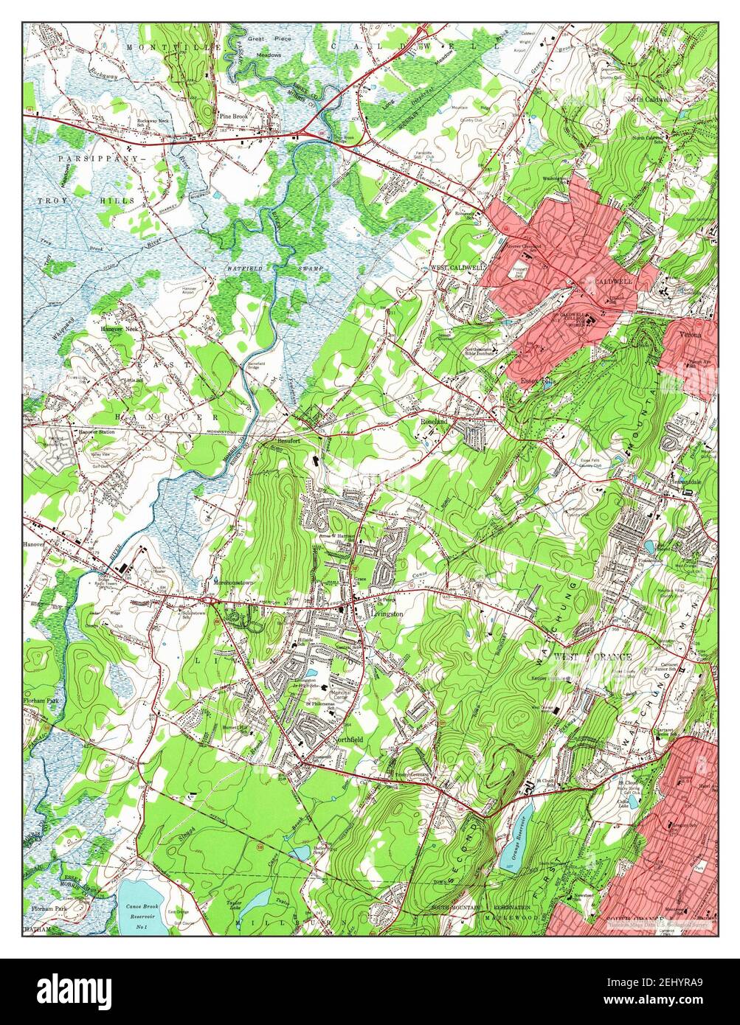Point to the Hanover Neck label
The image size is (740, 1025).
[120, 329]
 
